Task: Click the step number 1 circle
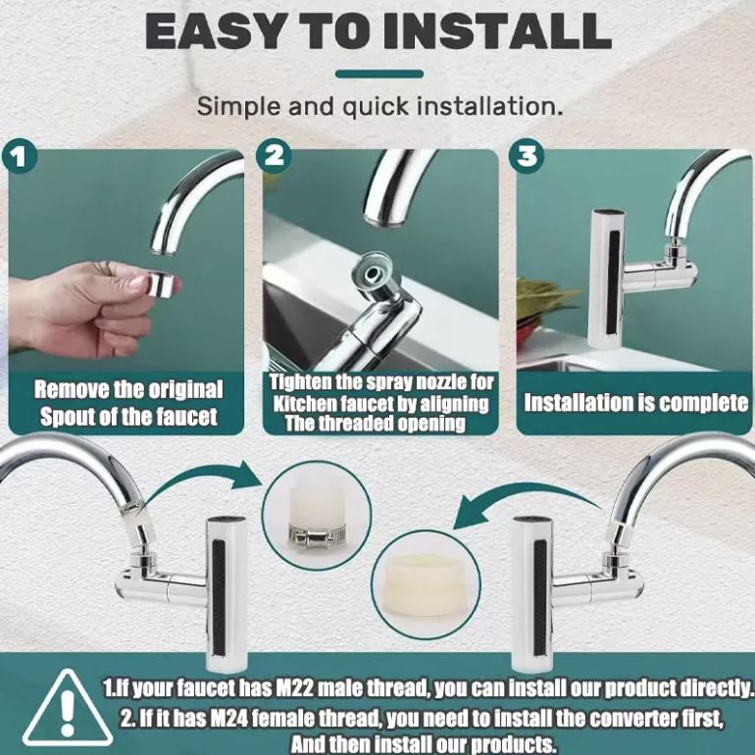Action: pos(20,157)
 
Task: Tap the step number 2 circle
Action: pos(274,156)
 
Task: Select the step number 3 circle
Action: pos(528,156)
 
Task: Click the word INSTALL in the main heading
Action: pos(495,30)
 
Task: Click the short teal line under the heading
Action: pos(379,75)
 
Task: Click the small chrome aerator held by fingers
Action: pos(162,284)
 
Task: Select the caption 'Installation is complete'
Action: pos(635,403)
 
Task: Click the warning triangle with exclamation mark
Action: pos(68,707)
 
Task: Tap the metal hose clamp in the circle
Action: pos(317,536)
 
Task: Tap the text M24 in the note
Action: pos(230,719)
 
